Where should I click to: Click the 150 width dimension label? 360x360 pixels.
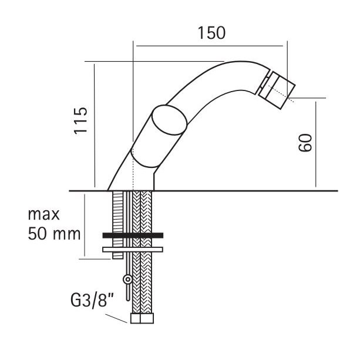click(211, 33)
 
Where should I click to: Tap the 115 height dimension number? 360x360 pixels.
click(80, 120)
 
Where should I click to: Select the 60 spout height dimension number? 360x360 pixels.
click(305, 143)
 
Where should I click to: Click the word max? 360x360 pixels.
click(43, 214)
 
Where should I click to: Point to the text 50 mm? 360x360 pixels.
click(54, 234)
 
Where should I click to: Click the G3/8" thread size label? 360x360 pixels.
click(92, 301)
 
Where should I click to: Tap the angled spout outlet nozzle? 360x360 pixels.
click(277, 90)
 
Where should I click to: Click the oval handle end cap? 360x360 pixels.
click(170, 120)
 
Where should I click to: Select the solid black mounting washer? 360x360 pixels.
click(133, 235)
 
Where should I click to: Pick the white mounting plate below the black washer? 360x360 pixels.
click(133, 250)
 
